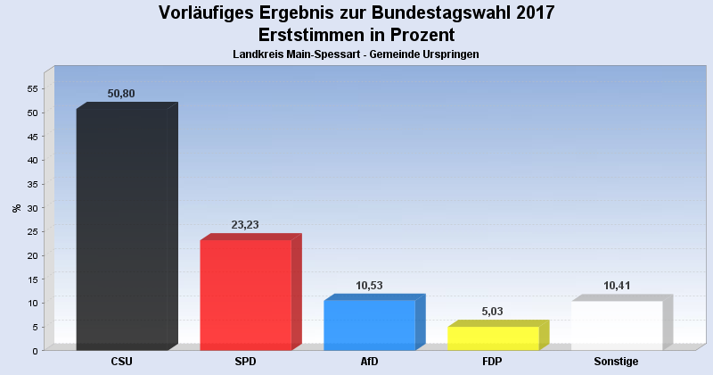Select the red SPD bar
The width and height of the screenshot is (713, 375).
(x=246, y=295)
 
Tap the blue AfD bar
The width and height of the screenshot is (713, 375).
(x=369, y=325)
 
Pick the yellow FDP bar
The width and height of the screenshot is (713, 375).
(x=493, y=337)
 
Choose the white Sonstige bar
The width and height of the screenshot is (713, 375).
(x=617, y=325)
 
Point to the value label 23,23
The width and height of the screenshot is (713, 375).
(x=244, y=225)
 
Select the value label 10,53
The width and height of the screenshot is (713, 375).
(x=368, y=286)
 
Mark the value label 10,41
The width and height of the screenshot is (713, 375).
(x=618, y=286)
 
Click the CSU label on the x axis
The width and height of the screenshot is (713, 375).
(x=122, y=362)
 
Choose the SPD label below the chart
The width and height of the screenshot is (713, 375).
(x=246, y=362)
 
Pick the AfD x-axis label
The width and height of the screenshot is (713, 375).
(x=369, y=362)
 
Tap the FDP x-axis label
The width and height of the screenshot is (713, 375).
(x=493, y=362)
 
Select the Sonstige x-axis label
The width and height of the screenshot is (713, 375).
(x=617, y=362)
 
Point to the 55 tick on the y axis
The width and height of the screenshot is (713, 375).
(x=31, y=89)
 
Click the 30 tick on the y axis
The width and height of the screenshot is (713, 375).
(x=31, y=208)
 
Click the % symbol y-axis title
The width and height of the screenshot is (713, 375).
(x=16, y=208)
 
